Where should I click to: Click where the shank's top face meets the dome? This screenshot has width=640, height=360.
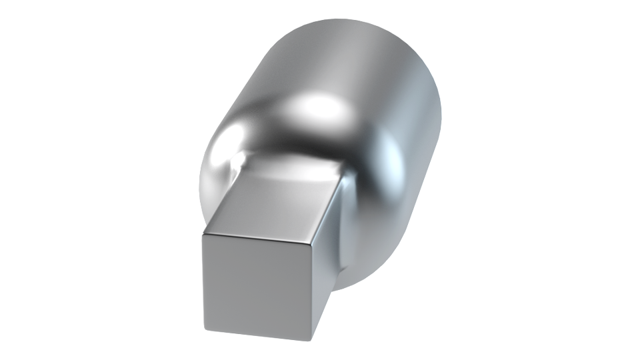pos(293,163)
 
